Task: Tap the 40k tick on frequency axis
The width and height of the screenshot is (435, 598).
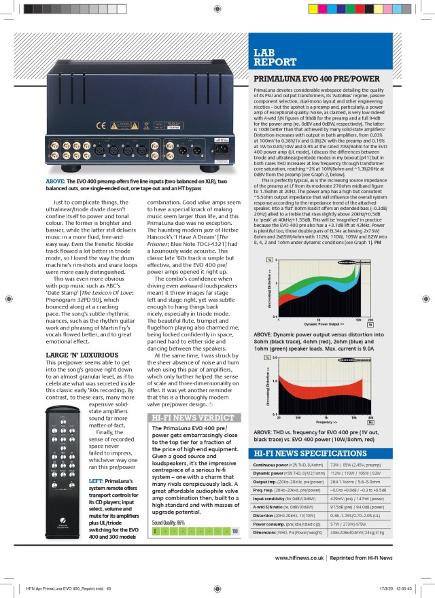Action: pyautogui.click(x=370, y=417)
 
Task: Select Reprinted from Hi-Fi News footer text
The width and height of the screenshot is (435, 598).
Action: pyautogui.click(x=373, y=557)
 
